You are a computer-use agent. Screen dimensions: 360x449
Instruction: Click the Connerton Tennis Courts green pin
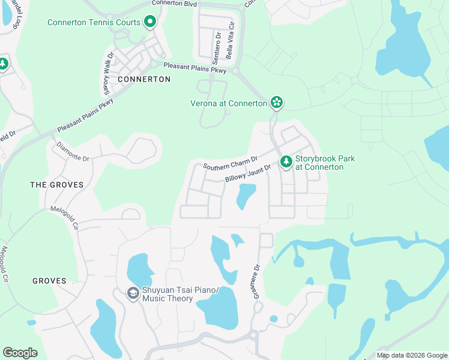(150, 23)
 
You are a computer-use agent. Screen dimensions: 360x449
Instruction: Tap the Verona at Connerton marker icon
(277, 103)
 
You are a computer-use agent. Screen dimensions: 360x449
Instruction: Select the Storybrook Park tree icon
(286, 161)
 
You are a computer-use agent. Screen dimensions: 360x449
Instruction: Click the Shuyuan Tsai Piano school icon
(133, 293)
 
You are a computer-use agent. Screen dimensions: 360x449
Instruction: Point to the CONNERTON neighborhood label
(144, 79)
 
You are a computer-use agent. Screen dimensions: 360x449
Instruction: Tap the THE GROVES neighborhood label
(57, 185)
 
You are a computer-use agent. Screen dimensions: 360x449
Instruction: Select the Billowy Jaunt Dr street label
(249, 175)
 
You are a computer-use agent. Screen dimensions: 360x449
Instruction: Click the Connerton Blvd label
(174, 3)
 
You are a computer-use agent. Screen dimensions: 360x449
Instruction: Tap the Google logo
(20, 353)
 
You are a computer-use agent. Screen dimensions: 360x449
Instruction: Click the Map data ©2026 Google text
(411, 355)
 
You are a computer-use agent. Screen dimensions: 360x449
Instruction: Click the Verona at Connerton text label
(229, 103)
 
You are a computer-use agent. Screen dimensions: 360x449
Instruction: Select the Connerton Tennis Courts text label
(94, 23)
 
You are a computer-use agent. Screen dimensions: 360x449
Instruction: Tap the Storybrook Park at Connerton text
(325, 163)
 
